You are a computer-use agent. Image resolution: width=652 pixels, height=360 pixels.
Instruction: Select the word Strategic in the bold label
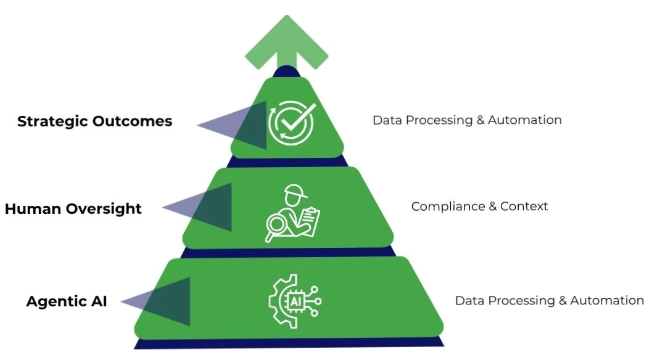click(53, 121)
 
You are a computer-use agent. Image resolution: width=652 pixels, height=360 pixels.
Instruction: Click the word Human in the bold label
click(31, 209)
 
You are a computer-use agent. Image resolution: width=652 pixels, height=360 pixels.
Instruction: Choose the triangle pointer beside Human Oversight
click(201, 207)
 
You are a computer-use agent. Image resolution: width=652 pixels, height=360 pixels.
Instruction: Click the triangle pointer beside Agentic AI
click(160, 301)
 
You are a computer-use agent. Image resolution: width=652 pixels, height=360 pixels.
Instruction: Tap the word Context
click(524, 207)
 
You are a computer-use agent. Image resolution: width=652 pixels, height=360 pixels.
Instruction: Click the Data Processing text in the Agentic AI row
click(505, 301)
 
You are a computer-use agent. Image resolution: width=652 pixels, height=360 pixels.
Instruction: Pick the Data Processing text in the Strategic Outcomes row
click(423, 120)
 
